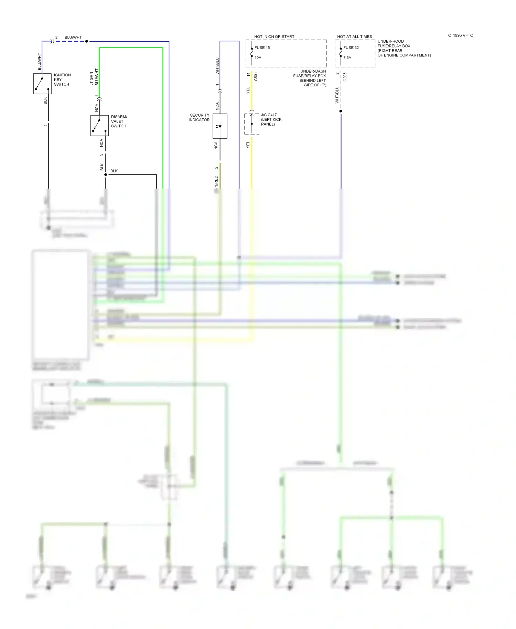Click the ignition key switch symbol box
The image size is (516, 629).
42,84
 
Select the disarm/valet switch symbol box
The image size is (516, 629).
99,126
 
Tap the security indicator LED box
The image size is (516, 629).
220,126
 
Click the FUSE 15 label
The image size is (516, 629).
262,48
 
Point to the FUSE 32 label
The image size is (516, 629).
351,48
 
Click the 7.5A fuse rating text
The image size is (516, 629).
347,58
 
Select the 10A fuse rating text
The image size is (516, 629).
258,58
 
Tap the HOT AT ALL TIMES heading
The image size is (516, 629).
354,36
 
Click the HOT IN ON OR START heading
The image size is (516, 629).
274,36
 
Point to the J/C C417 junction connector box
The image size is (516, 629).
251,124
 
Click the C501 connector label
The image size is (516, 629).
256,76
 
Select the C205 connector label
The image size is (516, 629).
345,77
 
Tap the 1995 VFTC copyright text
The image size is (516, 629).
461,35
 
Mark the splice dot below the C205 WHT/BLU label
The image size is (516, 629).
341,111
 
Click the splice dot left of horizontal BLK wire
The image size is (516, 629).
106,175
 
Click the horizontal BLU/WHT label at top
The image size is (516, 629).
73,37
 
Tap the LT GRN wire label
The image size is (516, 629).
91,78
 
